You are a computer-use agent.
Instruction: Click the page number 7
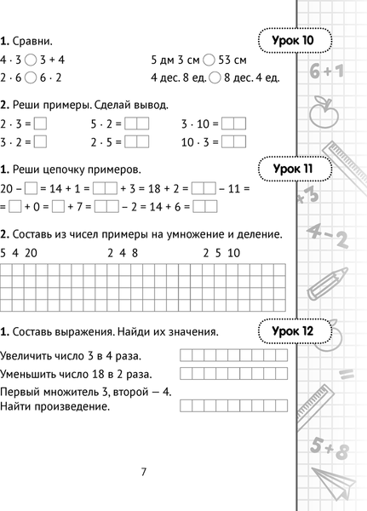tap(144, 473)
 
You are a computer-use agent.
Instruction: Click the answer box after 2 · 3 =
tap(40, 124)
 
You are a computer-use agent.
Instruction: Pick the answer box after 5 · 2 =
tap(136, 124)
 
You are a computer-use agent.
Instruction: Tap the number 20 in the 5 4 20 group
tap(32, 253)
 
